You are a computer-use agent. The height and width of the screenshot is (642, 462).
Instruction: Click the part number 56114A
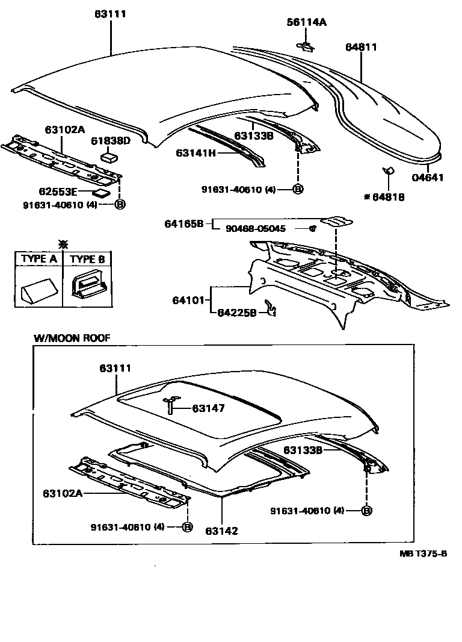pyautogui.click(x=306, y=22)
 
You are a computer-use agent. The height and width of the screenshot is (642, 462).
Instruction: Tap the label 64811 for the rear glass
pyautogui.click(x=361, y=47)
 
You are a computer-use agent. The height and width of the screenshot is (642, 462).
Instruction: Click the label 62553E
pyautogui.click(x=58, y=193)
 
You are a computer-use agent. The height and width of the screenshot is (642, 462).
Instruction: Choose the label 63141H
pyautogui.click(x=196, y=153)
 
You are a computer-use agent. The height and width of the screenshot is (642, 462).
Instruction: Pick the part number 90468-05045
pyautogui.click(x=256, y=229)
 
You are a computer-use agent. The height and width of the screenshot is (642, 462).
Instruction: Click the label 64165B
pyautogui.click(x=184, y=224)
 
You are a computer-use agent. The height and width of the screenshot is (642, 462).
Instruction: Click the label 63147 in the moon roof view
pyautogui.click(x=208, y=408)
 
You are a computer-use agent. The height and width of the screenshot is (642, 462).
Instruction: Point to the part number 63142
pyautogui.click(x=221, y=531)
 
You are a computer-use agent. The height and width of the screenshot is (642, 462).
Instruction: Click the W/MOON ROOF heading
pyautogui.click(x=72, y=338)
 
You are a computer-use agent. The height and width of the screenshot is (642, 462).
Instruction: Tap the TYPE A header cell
pyautogui.click(x=39, y=260)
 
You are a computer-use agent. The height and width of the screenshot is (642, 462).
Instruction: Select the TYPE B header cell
pyautogui.click(x=87, y=260)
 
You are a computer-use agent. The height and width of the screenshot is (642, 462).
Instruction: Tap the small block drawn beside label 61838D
pyautogui.click(x=109, y=157)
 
